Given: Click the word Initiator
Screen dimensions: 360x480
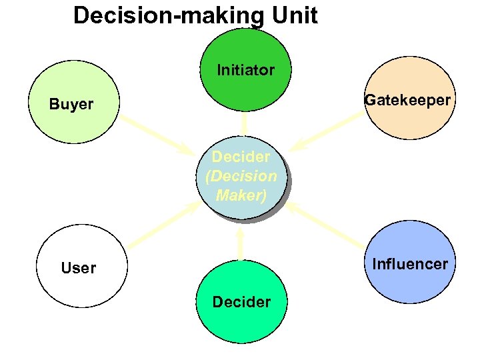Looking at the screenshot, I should point(245,70).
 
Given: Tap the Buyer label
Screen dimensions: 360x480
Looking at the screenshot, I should point(71,105).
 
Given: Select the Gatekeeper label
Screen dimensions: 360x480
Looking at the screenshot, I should point(407,101).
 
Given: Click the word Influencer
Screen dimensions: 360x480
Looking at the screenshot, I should point(410,264).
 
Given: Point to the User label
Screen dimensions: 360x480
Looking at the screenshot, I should point(78,268).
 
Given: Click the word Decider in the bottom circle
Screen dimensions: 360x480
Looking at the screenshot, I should point(241,302).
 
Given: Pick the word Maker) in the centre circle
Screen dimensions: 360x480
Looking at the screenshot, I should point(241,196).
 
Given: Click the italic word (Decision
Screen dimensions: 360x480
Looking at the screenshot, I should point(241,177).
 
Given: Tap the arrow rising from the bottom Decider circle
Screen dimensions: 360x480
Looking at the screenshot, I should point(240,243).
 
